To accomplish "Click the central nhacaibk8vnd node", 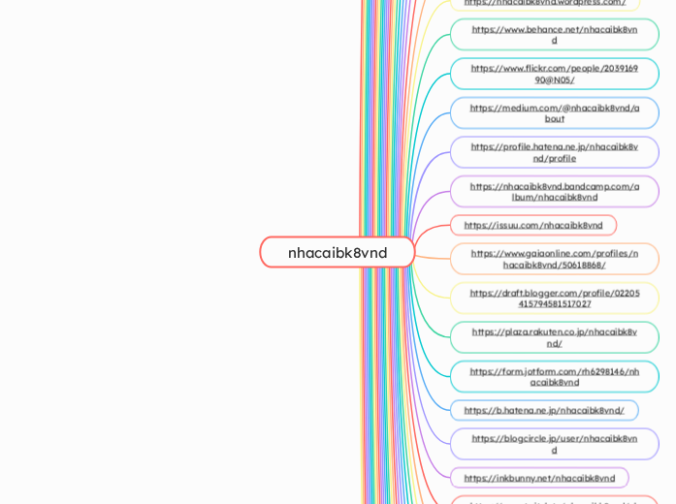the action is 338,252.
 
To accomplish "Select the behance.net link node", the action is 554,35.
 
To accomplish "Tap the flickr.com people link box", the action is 554,74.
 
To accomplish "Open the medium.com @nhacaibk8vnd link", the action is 554,112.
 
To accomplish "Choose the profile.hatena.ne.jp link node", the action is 554,152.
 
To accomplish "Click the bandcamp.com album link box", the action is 554,191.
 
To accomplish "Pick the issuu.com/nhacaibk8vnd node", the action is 532,225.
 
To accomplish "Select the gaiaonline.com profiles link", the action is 554,259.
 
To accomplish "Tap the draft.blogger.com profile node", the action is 554,298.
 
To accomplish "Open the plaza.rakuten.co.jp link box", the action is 554,337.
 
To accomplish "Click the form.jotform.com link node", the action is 554,376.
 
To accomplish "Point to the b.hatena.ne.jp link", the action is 543,410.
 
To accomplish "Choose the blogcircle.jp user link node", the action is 554,444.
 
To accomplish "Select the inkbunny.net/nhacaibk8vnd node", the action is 538,478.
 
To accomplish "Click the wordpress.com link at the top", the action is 544,3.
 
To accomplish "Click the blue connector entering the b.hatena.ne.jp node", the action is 436,407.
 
